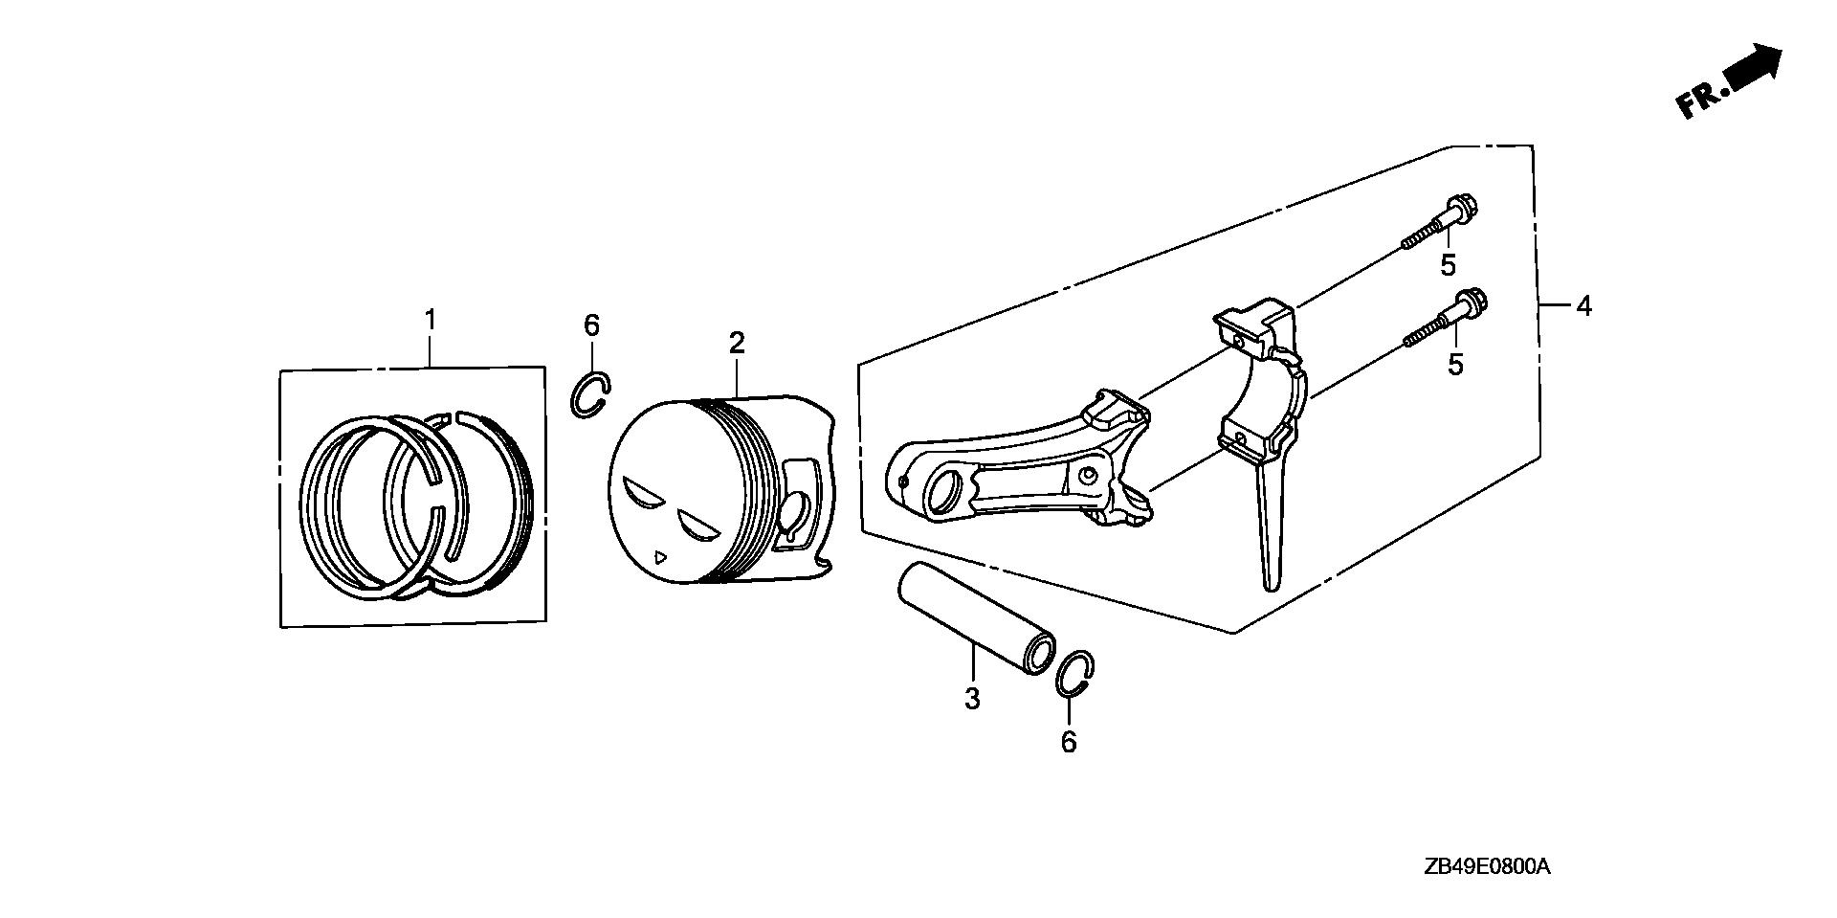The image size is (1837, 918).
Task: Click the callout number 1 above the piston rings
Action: [431, 319]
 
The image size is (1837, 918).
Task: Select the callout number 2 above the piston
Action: [736, 342]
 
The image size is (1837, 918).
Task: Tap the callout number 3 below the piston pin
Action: [972, 699]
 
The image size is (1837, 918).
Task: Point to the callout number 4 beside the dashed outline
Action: [1583, 306]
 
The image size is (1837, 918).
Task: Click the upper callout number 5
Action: [1448, 266]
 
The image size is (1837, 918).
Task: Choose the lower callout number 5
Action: [1455, 365]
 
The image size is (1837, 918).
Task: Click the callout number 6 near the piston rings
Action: [591, 325]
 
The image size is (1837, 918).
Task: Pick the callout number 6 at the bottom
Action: [1069, 742]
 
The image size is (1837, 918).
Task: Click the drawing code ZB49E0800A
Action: [1486, 867]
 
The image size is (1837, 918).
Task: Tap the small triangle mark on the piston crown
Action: [657, 554]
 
